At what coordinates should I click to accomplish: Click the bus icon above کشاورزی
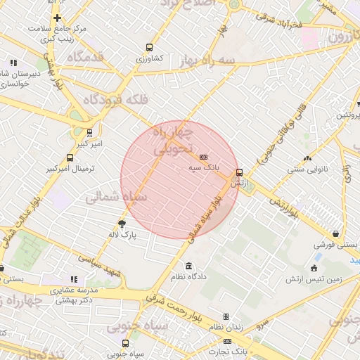[148, 47]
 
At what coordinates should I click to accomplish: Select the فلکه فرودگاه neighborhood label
[116, 101]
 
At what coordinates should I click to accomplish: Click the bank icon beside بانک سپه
[204, 157]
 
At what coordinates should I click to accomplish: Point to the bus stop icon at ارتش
[239, 172]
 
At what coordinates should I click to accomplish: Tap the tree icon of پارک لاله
[122, 224]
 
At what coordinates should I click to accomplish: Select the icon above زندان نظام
[226, 316]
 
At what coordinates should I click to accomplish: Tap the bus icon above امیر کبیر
[89, 132]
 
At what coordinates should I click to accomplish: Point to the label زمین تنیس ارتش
[313, 279]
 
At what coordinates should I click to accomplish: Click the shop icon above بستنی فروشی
[336, 234]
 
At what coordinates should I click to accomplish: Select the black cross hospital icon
[57, 18]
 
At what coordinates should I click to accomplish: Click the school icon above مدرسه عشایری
[75, 279]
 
